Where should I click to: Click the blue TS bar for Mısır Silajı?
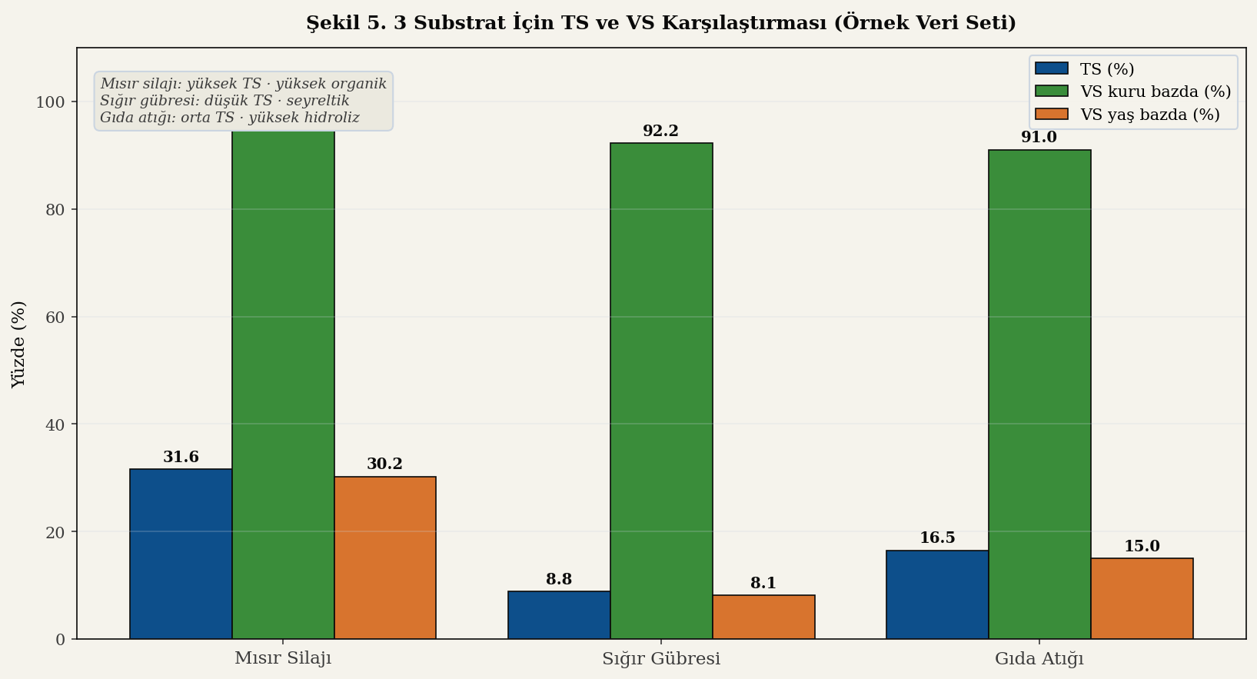[x=181, y=554]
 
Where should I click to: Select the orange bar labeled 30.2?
[x=385, y=558]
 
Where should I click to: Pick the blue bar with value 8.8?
[x=559, y=615]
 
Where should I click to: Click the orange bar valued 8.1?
[x=763, y=617]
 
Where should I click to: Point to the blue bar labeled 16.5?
[x=937, y=594]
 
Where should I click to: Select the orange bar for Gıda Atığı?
[x=1142, y=598]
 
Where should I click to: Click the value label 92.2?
[x=661, y=131]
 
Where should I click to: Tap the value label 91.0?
[x=1039, y=138]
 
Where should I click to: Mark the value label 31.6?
[x=181, y=458]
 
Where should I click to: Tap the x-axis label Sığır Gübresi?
[x=661, y=659]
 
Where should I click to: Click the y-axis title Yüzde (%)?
[x=18, y=344]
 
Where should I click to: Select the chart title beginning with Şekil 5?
[x=661, y=23]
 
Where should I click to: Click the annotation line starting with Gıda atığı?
[x=230, y=118]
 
